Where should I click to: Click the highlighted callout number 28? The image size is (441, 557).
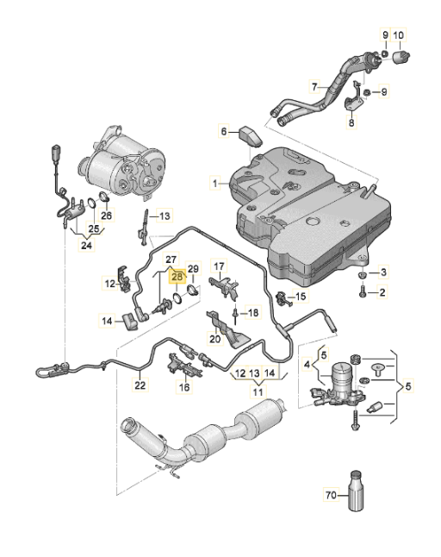(x=177, y=277)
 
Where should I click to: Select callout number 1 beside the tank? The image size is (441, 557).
(x=217, y=183)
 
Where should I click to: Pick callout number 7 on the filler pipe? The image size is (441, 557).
(x=314, y=87)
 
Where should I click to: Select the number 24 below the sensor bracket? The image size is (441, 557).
(x=86, y=244)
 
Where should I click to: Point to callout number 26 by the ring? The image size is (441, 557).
(x=106, y=216)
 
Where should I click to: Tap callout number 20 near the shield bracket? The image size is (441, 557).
(x=214, y=339)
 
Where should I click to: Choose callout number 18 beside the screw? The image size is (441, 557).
(x=253, y=311)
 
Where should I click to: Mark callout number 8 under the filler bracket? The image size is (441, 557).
(x=351, y=123)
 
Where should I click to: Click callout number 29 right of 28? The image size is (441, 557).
(x=193, y=269)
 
